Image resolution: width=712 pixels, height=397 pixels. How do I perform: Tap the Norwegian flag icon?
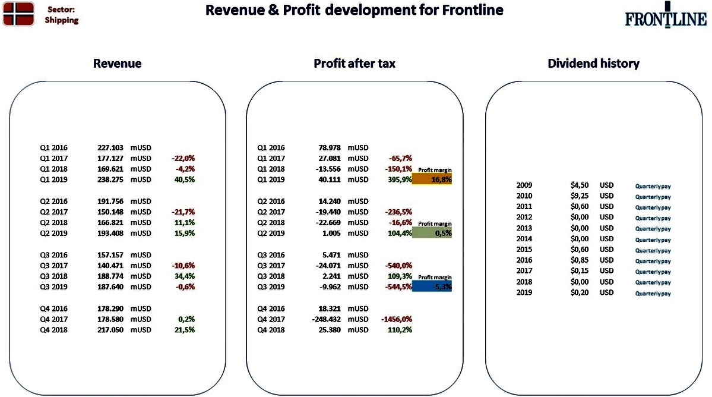click(18, 14)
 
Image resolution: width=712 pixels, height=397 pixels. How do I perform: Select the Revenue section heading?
click(117, 64)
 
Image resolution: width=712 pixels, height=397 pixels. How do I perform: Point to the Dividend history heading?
click(593, 64)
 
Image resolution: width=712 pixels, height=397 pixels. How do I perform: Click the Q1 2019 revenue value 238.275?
click(110, 179)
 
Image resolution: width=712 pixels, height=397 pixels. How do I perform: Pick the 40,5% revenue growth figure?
click(184, 179)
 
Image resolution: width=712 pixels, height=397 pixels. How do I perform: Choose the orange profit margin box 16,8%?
click(432, 179)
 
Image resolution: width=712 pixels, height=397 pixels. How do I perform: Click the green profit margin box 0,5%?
click(432, 233)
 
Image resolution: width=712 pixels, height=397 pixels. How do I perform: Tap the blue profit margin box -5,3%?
click(432, 286)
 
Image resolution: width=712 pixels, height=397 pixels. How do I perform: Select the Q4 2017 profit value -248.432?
click(326, 319)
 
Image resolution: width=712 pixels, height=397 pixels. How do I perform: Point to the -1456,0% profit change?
click(397, 319)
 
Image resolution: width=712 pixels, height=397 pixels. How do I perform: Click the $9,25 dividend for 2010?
click(580, 196)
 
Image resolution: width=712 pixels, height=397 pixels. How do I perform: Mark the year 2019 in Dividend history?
click(524, 292)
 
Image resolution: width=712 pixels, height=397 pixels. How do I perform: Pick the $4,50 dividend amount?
click(580, 185)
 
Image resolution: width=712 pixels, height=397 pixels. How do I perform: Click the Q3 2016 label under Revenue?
click(53, 255)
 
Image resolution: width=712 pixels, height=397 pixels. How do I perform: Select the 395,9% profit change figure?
click(400, 179)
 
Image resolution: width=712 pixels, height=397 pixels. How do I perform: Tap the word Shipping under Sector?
click(62, 20)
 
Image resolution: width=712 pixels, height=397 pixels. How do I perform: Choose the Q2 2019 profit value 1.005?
click(331, 233)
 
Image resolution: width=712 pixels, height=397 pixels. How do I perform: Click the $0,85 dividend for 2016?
click(580, 260)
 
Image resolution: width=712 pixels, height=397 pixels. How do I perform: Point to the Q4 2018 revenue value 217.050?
click(110, 330)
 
